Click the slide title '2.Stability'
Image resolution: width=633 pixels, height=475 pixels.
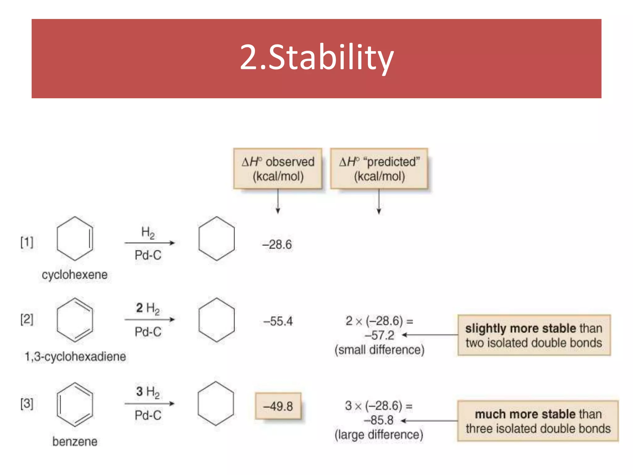[316, 58]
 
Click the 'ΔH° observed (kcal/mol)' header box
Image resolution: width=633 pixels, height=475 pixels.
[278, 169]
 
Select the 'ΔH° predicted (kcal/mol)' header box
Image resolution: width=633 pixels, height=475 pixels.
[379, 169]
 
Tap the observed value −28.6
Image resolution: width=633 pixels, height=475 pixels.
[277, 245]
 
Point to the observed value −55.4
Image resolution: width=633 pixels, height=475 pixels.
[278, 321]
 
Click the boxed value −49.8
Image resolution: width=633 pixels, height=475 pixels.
[278, 406]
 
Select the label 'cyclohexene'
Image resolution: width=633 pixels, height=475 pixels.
[74, 275]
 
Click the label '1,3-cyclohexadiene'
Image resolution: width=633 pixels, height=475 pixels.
[75, 357]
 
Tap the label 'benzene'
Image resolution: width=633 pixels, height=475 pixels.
[75, 441]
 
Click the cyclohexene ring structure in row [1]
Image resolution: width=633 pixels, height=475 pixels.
[75, 238]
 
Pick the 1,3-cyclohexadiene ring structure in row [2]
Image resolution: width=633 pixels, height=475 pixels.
[75, 320]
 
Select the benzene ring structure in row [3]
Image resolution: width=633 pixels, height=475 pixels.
[75, 404]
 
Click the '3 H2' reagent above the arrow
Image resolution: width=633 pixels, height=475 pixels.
[148, 392]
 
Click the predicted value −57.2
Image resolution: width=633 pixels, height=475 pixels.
[379, 336]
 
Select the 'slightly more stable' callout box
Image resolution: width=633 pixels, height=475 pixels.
[534, 335]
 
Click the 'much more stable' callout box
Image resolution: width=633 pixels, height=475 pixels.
[538, 421]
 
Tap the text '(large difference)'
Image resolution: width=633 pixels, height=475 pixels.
[379, 435]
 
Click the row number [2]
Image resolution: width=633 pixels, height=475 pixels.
[27, 319]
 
